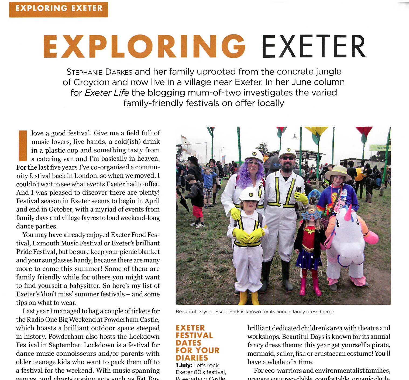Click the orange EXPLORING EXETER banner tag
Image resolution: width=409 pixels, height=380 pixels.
click(59, 8)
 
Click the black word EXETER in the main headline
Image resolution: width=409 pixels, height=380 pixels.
click(314, 47)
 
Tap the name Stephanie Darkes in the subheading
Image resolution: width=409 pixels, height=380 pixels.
click(99, 72)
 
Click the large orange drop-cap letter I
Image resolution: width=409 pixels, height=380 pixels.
click(23, 145)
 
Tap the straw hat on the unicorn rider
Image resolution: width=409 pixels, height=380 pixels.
click(338, 172)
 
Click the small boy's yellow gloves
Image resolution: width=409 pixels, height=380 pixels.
click(248, 235)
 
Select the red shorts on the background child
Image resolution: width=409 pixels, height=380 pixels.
click(198, 212)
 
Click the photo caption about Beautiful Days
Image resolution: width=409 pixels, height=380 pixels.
click(255, 311)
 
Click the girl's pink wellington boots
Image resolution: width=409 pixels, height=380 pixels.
click(310, 287)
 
